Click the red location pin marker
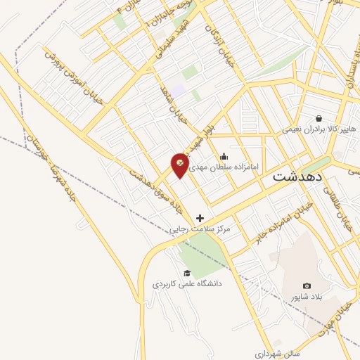(x=180, y=165)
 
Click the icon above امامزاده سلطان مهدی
(x=224, y=157)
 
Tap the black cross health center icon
(x=200, y=219)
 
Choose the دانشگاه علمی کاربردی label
(x=187, y=284)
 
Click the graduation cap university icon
(x=187, y=273)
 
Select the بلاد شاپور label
(x=307, y=297)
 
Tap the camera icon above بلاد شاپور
(x=307, y=285)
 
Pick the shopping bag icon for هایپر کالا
(x=320, y=118)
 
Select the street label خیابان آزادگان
(x=217, y=42)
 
